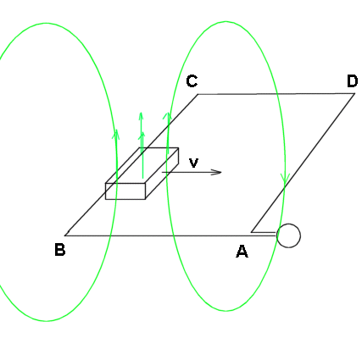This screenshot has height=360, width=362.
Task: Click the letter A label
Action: [x=242, y=252]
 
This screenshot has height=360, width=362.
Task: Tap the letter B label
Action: [x=59, y=250]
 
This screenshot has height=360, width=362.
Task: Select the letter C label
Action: [x=192, y=81]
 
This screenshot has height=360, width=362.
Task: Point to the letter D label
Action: [x=352, y=81]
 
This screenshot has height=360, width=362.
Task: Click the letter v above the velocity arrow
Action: [x=193, y=163]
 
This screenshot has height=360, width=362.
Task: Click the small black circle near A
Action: [x=288, y=235]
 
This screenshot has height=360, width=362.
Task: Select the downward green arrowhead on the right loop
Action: [x=285, y=179]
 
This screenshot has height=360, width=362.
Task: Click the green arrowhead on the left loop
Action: [x=116, y=135]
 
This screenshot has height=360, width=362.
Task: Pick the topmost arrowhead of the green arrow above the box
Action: [x=141, y=116]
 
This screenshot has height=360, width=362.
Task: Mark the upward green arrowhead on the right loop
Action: [x=168, y=116]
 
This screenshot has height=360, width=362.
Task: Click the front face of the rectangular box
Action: [x=125, y=191]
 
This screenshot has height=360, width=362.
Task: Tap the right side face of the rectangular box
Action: [x=162, y=173]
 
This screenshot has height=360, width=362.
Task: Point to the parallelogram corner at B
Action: [x=65, y=235]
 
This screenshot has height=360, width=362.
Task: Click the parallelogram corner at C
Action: [x=198, y=94]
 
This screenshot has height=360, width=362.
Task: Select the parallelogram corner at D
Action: [x=354, y=93]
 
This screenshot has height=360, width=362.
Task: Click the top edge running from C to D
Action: [x=276, y=94]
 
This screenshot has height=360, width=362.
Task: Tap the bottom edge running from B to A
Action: [x=171, y=235]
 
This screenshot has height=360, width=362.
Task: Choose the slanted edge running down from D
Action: [x=303, y=163]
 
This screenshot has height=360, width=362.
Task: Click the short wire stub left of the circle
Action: [x=264, y=232]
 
